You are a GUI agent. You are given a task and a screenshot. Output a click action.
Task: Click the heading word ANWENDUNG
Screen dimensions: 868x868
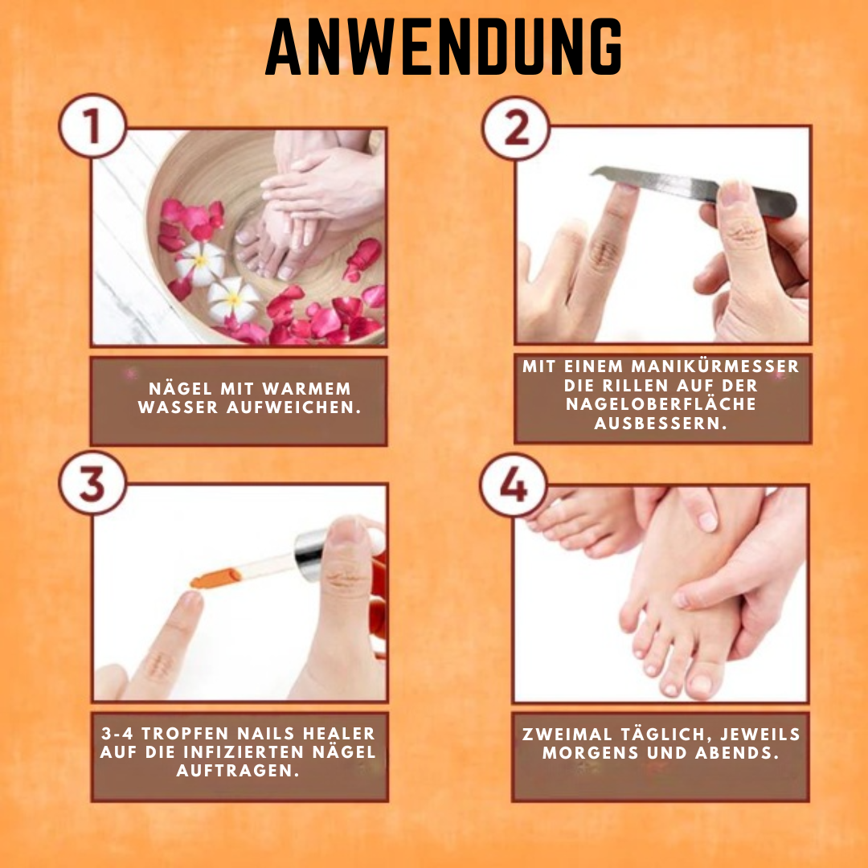click(444, 47)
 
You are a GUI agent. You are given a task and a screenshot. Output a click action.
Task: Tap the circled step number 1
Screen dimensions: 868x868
click(92, 125)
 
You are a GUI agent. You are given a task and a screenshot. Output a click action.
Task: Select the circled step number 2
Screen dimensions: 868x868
click(516, 128)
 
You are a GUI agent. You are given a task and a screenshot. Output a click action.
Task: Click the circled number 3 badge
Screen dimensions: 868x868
click(92, 483)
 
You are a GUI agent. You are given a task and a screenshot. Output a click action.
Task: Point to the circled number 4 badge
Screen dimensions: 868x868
click(513, 485)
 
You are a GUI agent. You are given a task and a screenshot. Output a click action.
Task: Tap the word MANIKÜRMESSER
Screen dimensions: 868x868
click(715, 366)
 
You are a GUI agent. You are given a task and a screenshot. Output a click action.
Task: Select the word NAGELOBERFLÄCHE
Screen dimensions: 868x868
click(661, 404)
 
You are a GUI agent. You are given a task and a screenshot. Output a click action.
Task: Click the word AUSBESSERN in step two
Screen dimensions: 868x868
click(661, 424)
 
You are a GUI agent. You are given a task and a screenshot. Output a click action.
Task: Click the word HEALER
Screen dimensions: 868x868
click(339, 734)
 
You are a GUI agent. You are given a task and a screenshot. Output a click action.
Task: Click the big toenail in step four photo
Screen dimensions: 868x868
click(701, 684)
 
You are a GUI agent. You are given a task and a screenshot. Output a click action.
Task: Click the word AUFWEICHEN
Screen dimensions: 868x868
click(294, 407)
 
